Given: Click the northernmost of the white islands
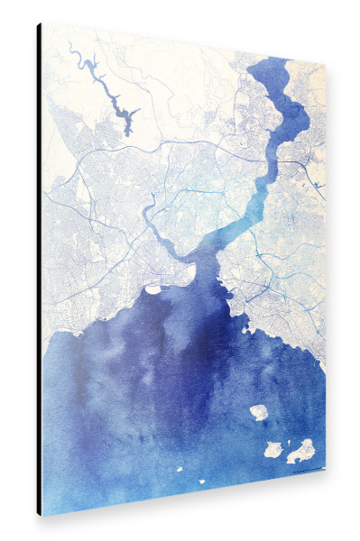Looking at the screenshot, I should tap(260, 412).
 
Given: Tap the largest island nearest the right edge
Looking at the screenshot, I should tap(301, 449).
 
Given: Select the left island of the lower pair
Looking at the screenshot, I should tap(272, 447).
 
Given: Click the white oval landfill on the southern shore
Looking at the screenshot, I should tap(152, 289).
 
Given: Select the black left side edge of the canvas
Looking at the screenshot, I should tap(39, 270).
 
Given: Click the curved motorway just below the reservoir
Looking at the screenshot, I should tap(117, 149).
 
